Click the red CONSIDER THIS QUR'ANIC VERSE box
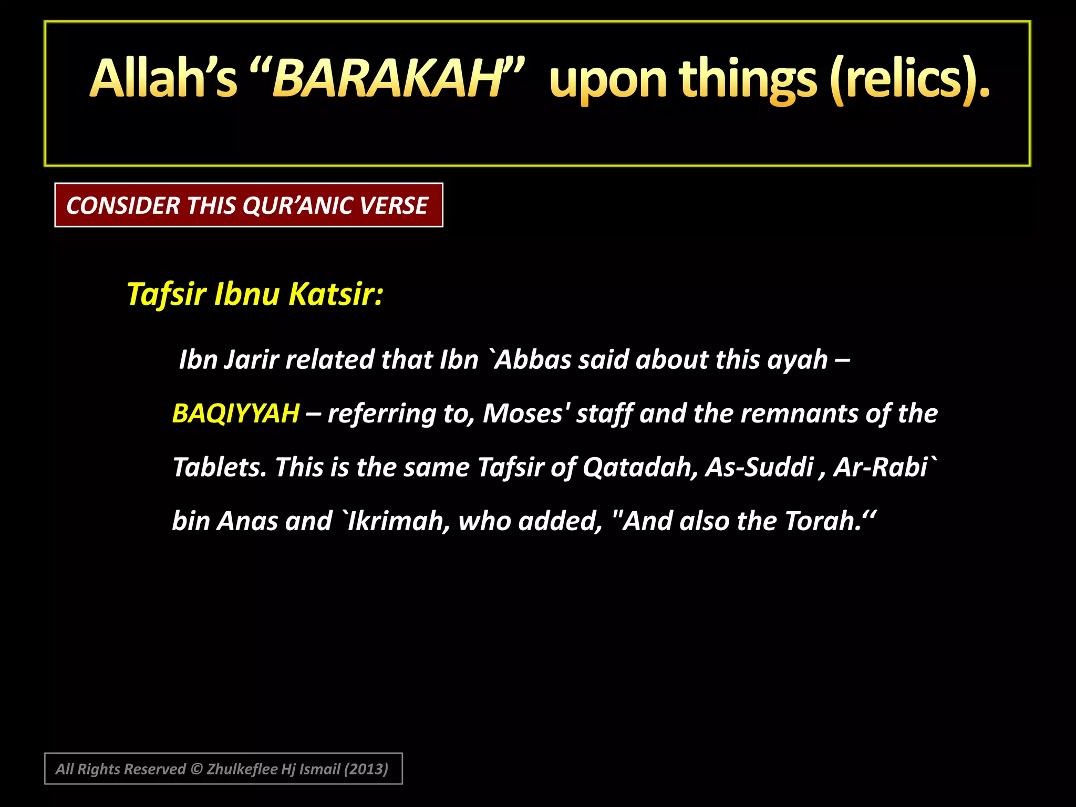tap(249, 205)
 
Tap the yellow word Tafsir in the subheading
tap(167, 294)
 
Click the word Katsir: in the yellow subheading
tap(336, 294)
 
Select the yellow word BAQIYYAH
tap(236, 413)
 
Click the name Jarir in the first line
tap(251, 360)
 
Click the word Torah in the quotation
tap(823, 521)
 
